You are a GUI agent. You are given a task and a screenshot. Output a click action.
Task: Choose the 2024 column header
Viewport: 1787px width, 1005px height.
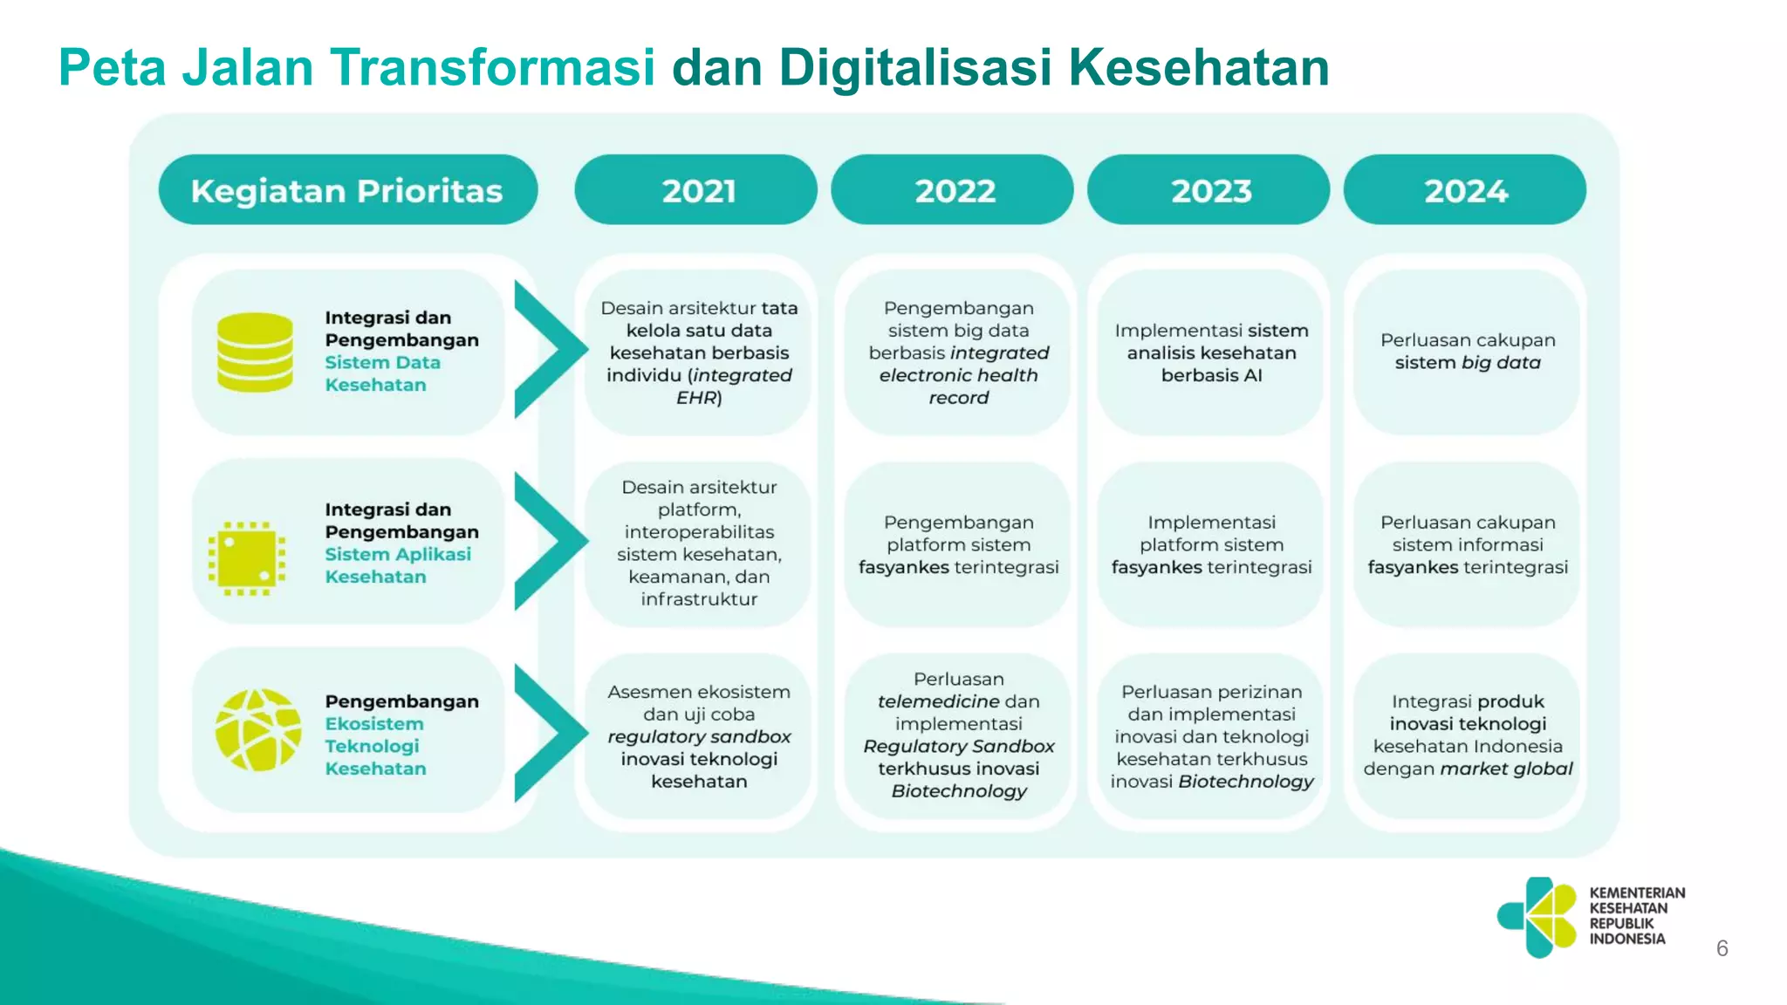[1465, 190]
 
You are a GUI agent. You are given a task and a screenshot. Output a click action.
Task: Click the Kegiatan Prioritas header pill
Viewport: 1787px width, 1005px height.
[347, 190]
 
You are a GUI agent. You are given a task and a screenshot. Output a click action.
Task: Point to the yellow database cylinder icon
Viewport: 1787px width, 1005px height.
[255, 352]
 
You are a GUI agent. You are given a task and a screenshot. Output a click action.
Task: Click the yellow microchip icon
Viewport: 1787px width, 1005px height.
[247, 558]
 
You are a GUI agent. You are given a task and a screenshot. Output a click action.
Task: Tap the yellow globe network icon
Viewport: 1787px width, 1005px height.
[258, 730]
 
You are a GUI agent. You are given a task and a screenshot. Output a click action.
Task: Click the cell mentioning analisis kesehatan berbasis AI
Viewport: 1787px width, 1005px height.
[1211, 352]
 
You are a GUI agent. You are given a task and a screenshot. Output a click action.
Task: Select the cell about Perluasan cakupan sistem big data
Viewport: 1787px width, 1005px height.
[1467, 352]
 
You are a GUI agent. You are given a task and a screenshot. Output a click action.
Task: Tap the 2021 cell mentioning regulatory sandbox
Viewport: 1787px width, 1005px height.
[699, 736]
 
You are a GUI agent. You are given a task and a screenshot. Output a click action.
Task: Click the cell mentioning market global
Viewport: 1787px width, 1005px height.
[1467, 735]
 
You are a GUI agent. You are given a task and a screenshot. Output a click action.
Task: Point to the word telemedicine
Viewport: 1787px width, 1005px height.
[938, 701]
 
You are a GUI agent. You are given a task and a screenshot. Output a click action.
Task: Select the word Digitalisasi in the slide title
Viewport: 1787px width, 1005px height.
[915, 67]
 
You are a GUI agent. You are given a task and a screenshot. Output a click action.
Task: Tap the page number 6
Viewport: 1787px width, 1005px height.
[1722, 948]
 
